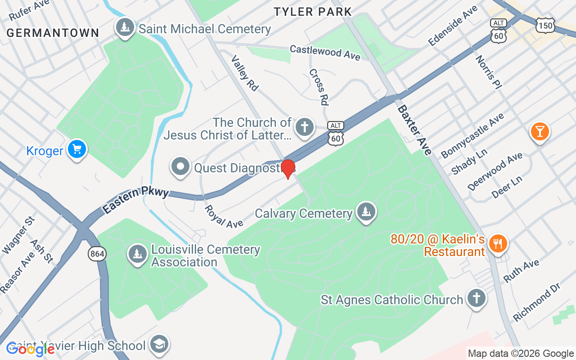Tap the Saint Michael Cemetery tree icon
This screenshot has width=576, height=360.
click(125, 27)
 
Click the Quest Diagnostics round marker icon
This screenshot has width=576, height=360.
click(181, 166)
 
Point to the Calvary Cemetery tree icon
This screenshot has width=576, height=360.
click(366, 211)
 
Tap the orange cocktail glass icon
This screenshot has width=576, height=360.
click(540, 131)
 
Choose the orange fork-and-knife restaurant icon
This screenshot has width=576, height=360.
click(498, 244)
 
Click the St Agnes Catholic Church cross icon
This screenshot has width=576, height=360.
click(476, 298)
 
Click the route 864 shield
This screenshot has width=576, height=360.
click(97, 254)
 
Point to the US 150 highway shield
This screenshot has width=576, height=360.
click(545, 26)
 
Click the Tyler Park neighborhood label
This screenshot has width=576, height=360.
click(313, 12)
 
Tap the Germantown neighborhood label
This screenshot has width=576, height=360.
click(53, 32)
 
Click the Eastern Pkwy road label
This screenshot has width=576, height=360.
click(135, 199)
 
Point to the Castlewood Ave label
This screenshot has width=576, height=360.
click(325, 52)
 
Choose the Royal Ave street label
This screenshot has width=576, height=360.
click(224, 216)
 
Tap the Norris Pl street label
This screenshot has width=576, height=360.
click(488, 71)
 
